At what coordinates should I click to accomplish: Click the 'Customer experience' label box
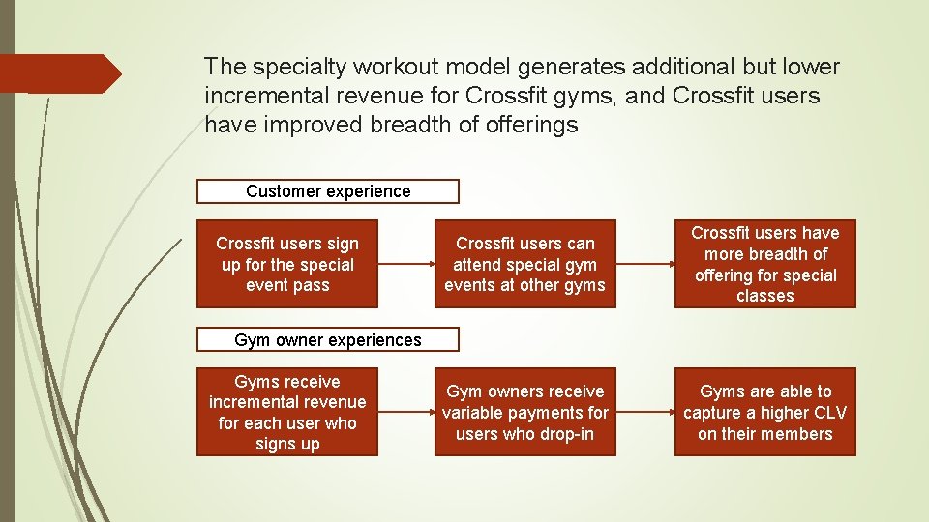point(328,191)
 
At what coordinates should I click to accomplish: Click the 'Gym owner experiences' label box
point(328,339)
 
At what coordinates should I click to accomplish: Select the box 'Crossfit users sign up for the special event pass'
point(287,264)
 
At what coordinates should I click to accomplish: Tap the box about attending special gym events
point(524,264)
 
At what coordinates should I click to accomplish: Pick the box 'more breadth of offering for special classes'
point(764,264)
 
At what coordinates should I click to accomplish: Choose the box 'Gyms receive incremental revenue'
point(287,412)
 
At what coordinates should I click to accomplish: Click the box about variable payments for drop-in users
point(524,412)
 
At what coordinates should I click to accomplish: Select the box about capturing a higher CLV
point(764,412)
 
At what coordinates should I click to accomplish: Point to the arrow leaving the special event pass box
point(406,264)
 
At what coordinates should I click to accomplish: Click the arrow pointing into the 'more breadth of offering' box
point(644,264)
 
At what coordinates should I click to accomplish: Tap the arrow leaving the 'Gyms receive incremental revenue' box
point(406,412)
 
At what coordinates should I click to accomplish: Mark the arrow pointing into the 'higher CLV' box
point(644,412)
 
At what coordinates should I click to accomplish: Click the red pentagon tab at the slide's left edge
point(58,73)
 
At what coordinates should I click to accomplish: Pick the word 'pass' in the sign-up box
point(313,285)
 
